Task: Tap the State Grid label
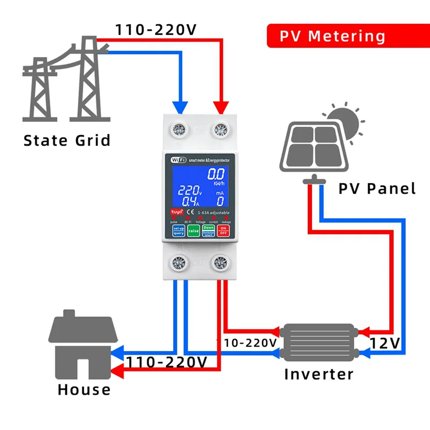click(x=67, y=141)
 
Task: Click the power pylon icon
click(x=64, y=81)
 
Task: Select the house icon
click(x=84, y=344)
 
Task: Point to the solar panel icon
click(x=314, y=148)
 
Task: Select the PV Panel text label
click(x=377, y=189)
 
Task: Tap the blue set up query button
click(x=178, y=231)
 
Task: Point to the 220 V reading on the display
click(x=189, y=190)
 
